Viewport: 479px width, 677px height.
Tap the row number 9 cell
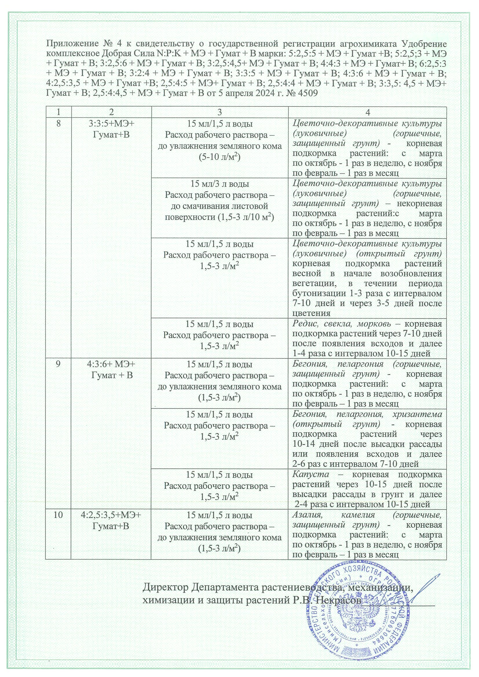[58, 364]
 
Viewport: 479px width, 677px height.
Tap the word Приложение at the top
[68, 44]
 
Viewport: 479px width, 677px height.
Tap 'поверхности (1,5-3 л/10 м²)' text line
[219, 218]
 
